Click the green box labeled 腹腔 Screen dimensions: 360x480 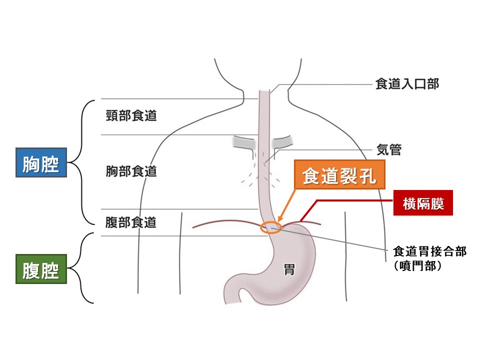point(41,270)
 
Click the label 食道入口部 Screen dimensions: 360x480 point(407,84)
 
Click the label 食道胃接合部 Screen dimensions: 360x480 point(429,251)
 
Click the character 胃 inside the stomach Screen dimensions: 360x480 point(289,271)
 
